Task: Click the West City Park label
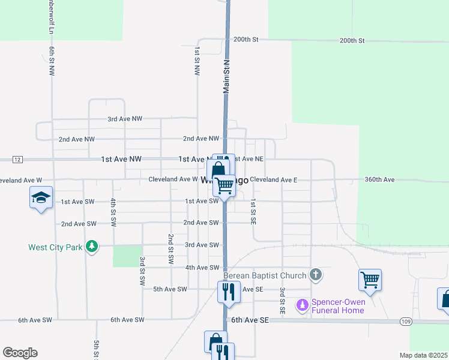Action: coord(55,247)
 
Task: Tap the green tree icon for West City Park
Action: coord(91,247)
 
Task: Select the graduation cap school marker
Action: coord(40,198)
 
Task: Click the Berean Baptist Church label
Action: coord(265,275)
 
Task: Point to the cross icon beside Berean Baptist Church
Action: coord(316,275)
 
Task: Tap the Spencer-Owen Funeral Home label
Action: coord(338,306)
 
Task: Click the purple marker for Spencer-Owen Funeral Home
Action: coord(303,306)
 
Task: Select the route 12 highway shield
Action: coord(17,159)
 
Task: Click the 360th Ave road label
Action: coord(379,179)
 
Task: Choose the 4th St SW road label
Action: coord(113,212)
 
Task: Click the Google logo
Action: coord(20,353)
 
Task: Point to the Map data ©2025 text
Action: coord(423,355)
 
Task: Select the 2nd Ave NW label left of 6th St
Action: coord(77,139)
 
